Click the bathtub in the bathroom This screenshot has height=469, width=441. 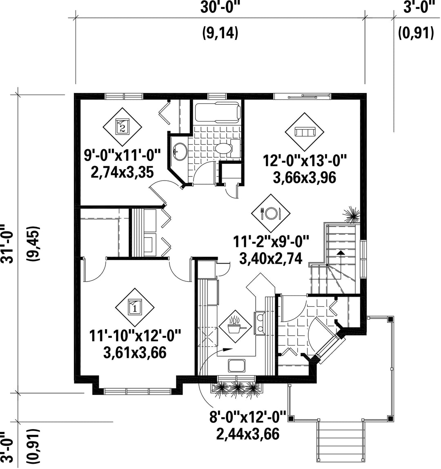(x=218, y=112)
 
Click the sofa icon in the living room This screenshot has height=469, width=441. (x=304, y=132)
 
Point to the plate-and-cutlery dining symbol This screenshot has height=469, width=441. (x=271, y=213)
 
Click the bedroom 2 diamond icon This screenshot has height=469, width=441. (x=122, y=127)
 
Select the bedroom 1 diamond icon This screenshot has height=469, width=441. (x=135, y=308)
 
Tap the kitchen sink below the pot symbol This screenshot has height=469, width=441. (x=237, y=366)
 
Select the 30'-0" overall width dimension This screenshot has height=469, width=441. (x=220, y=7)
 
